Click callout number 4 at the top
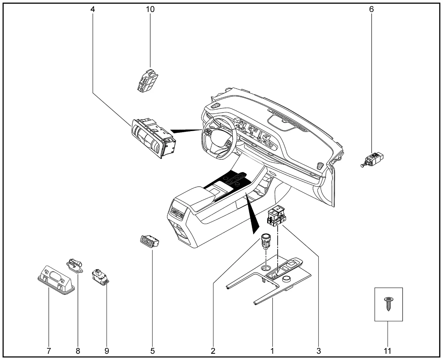92,9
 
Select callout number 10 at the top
150,9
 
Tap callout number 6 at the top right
371,9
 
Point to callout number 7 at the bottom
49,351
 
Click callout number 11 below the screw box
388,351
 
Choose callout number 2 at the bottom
213,351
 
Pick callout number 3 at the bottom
318,351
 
